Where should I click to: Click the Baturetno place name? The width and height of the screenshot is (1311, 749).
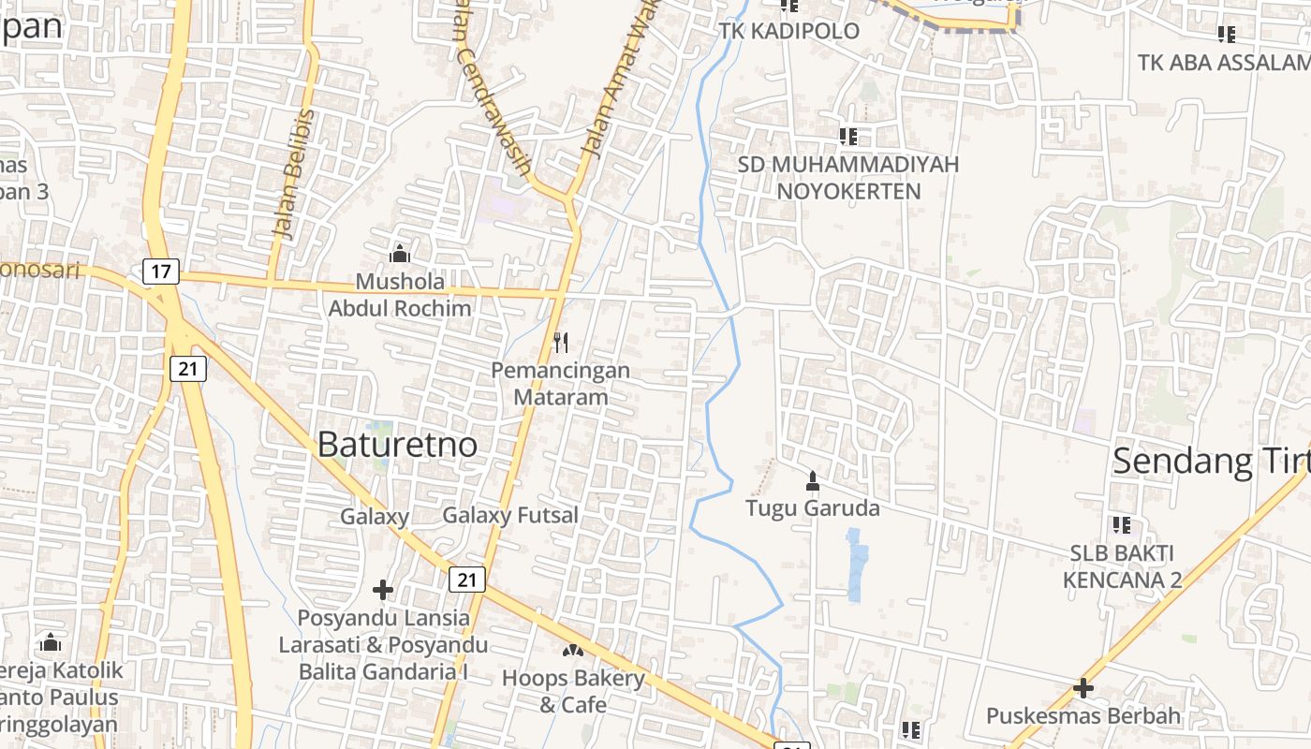[397, 445]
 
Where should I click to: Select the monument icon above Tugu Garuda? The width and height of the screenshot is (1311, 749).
[812, 481]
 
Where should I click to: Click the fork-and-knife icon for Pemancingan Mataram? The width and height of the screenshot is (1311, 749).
[560, 343]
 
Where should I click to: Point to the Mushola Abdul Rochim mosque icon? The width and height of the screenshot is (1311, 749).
[400, 254]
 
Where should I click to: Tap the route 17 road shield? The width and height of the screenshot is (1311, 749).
[160, 272]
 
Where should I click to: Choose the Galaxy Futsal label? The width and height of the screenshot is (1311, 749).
[509, 516]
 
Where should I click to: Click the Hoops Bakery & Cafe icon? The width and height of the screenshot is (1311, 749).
[572, 649]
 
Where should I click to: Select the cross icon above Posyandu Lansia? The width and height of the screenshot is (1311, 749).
[382, 590]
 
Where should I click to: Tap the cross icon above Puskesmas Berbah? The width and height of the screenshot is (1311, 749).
[1083, 688]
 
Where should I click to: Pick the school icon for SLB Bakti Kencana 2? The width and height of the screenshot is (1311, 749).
[1121, 525]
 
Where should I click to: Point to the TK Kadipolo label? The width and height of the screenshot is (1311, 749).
[788, 31]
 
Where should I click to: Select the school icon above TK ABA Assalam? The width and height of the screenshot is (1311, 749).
[1226, 35]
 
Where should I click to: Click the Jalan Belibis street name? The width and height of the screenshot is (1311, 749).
[295, 173]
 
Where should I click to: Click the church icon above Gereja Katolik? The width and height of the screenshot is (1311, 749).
[51, 642]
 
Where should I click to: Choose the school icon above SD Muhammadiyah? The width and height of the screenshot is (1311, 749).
[848, 137]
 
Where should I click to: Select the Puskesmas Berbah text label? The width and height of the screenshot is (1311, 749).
[1083, 717]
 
